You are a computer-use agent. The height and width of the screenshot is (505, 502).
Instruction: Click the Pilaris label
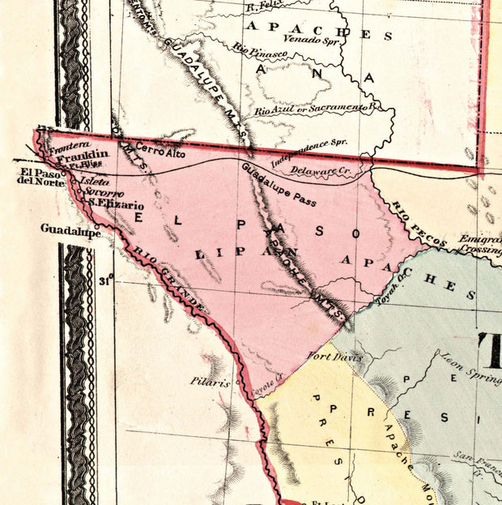pyautogui.click(x=211, y=381)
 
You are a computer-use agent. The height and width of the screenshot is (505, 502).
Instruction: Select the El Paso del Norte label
pyautogui.click(x=37, y=176)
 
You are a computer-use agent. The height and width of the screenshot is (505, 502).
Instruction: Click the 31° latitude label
pyautogui.click(x=105, y=282)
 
